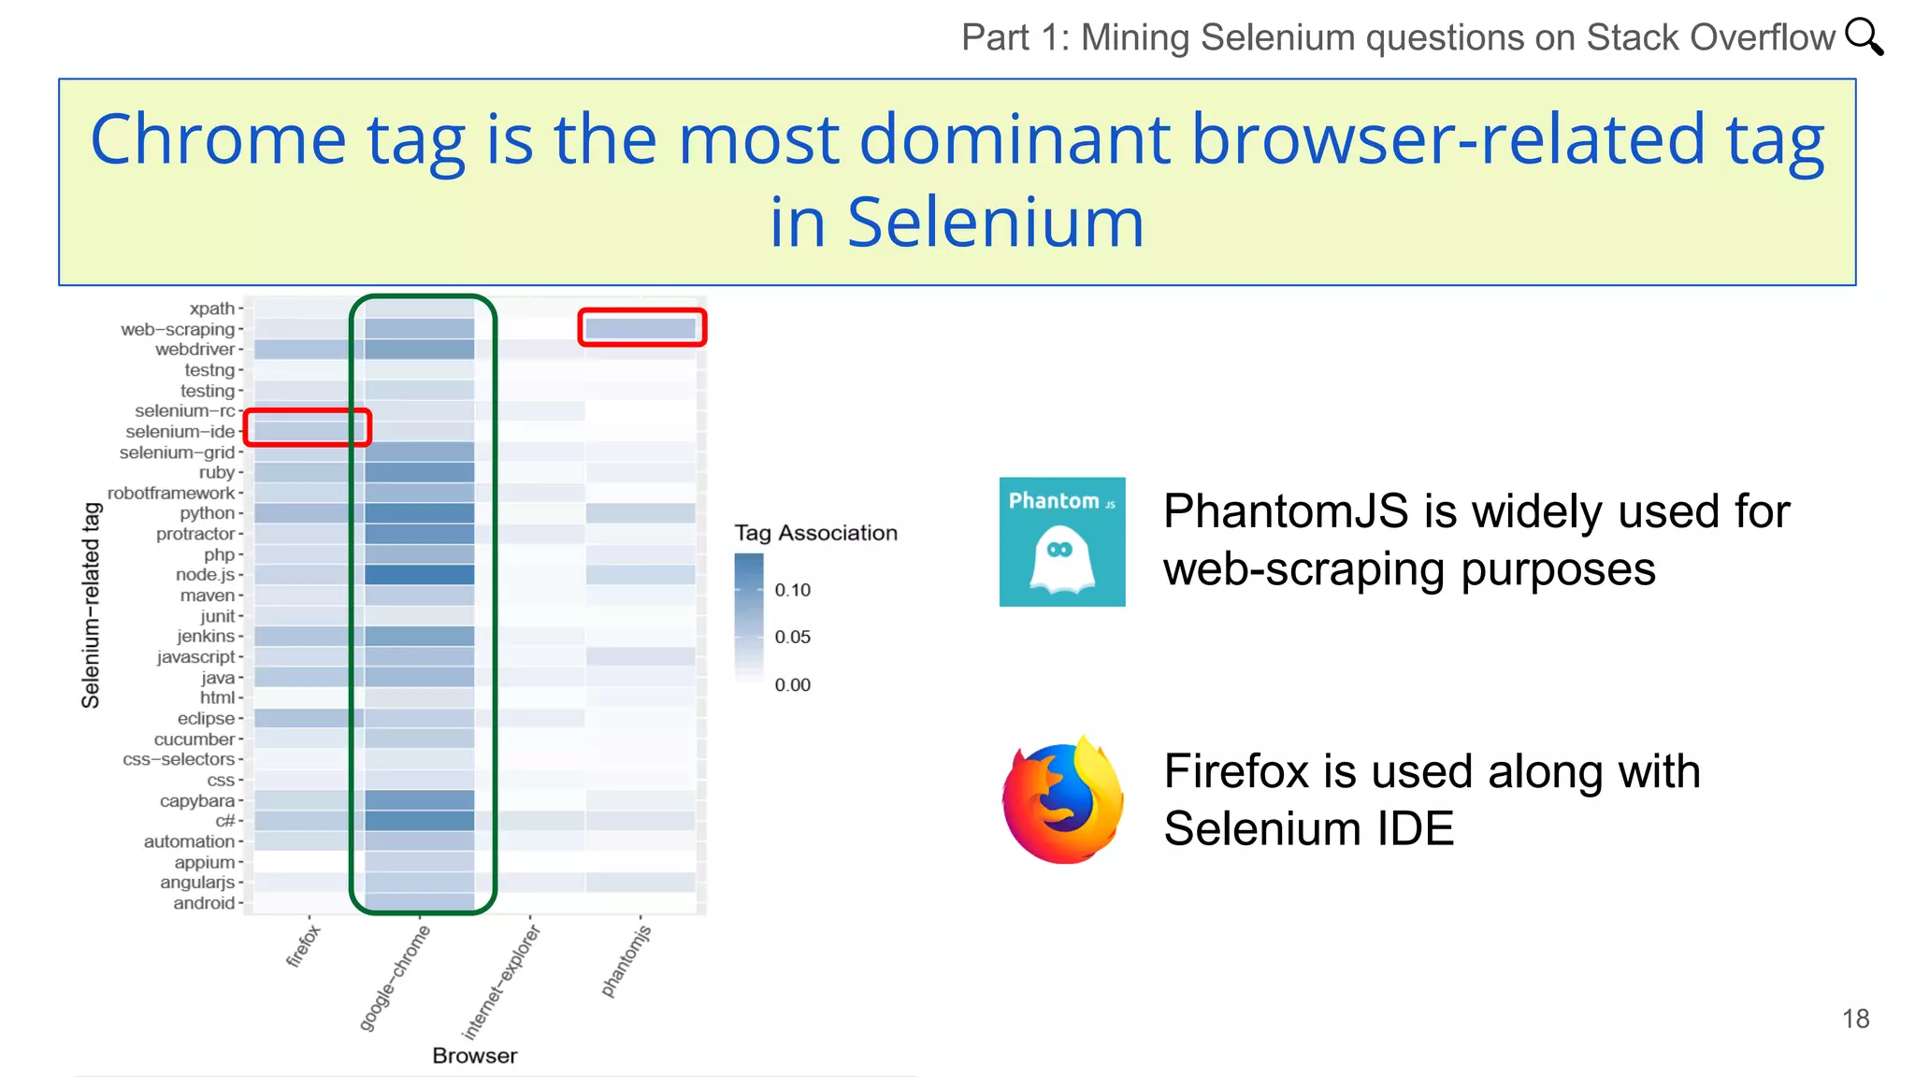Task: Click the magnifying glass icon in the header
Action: point(1864,37)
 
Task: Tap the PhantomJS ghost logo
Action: point(1062,542)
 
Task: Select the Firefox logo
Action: point(1063,800)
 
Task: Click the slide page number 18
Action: point(1855,1019)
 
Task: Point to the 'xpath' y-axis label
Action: point(212,309)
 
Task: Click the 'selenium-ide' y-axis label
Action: point(180,432)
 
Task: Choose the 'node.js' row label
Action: point(206,575)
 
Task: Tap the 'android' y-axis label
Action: point(204,903)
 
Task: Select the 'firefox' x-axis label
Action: point(303,945)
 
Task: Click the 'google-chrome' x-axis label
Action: point(395,978)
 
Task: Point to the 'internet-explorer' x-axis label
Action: point(501,983)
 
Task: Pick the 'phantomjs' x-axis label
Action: point(626,961)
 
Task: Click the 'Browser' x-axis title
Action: point(474,1055)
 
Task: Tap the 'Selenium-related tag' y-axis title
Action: point(91,605)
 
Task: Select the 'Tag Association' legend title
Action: point(815,533)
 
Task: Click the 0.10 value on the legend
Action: point(792,590)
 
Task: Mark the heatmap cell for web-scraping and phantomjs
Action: point(641,328)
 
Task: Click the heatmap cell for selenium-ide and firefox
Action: point(301,431)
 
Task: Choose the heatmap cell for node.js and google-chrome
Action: point(420,575)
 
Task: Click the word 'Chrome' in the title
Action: point(218,139)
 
